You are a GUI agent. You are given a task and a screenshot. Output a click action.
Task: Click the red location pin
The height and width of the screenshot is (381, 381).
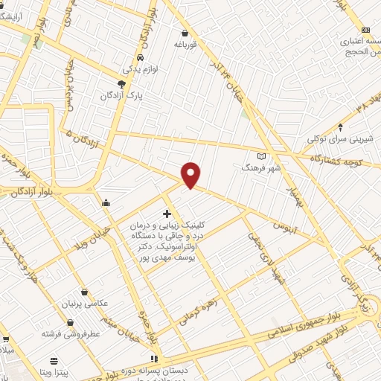click(x=191, y=175)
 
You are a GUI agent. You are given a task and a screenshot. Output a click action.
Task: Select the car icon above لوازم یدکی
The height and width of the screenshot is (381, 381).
click(x=141, y=57)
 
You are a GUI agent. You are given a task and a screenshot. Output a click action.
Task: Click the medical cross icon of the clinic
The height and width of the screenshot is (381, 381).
click(x=167, y=214)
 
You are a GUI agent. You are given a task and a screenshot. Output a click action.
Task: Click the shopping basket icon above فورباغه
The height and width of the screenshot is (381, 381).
click(x=185, y=33)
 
